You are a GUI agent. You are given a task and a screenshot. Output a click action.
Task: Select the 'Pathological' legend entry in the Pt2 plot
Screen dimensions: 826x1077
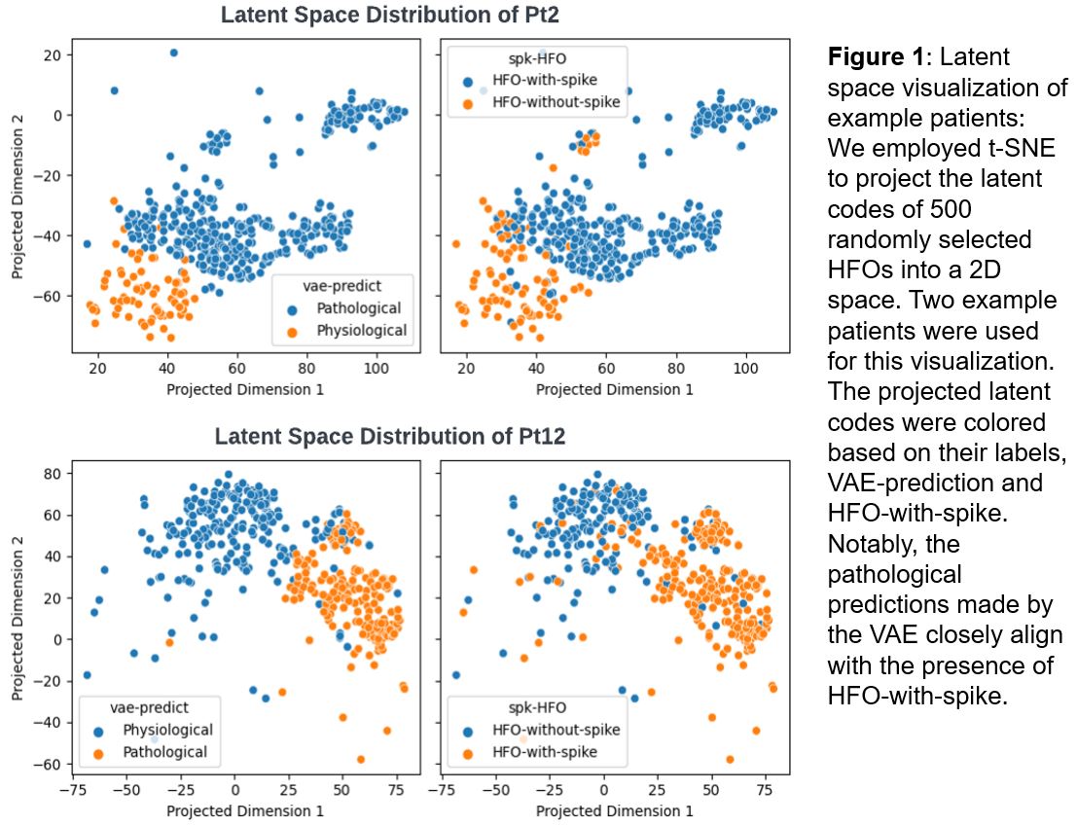pos(356,308)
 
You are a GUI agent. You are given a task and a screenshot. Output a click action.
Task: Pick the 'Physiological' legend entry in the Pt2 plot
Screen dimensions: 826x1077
pos(361,331)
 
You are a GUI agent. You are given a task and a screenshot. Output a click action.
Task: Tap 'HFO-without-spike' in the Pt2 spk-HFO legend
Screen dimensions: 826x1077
pos(556,100)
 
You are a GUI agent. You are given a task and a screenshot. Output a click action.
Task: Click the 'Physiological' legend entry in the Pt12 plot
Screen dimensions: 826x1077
pos(167,730)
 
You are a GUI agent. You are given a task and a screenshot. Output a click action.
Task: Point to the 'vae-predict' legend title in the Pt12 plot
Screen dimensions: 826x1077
pos(149,707)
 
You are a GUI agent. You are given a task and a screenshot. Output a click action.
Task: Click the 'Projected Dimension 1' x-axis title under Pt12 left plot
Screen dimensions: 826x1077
pos(244,809)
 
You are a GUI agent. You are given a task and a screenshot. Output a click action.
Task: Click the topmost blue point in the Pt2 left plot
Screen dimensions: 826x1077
pos(173,53)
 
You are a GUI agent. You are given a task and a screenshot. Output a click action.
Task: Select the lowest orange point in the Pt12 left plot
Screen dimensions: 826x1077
pos(361,759)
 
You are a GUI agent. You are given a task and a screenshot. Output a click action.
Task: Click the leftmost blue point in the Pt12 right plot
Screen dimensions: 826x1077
pos(455,675)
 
